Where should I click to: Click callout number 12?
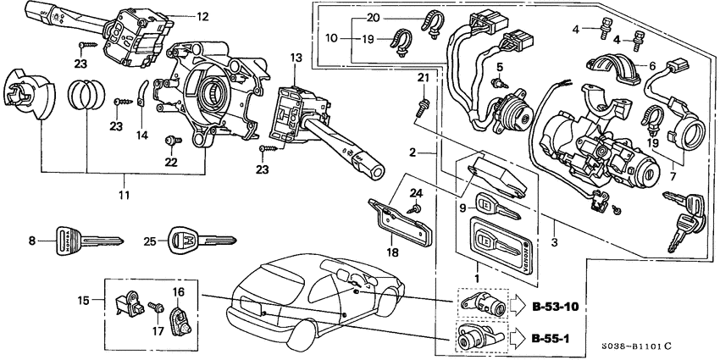(202, 16)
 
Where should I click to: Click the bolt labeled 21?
(422, 107)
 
